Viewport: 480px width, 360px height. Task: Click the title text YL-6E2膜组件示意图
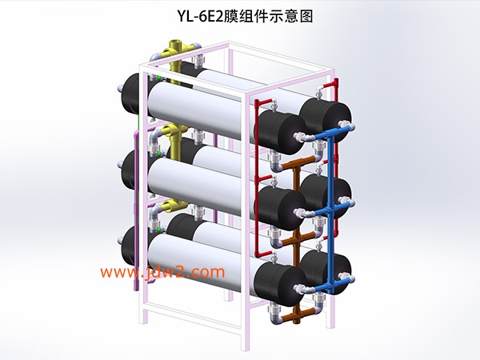click(245, 17)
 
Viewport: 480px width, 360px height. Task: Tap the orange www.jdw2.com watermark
click(162, 272)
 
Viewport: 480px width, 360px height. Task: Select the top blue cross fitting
click(330, 134)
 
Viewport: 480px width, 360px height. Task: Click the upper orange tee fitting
click(297, 163)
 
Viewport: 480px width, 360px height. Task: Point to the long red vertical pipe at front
click(257, 178)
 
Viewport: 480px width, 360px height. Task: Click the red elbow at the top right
click(334, 83)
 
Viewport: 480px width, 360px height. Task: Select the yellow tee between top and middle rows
click(177, 134)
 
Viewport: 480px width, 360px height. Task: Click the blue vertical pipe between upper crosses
click(330, 173)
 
